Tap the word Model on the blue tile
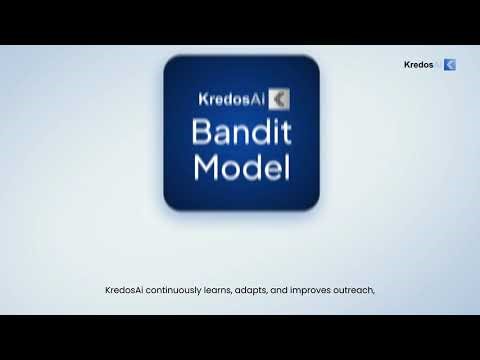241,167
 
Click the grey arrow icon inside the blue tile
280,99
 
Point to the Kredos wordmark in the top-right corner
418,65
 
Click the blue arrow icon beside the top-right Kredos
450,65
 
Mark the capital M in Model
207,167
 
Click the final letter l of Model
285,167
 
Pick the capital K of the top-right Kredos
406,65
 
